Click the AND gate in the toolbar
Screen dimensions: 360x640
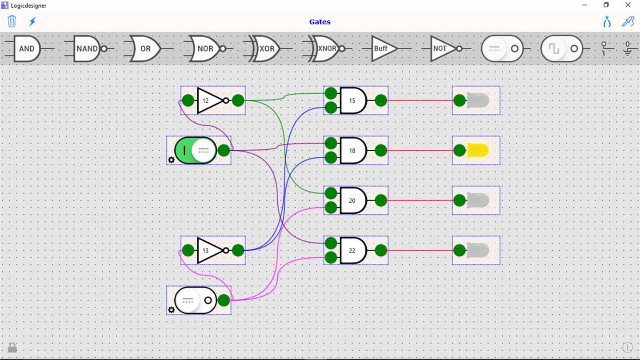[x=27, y=48]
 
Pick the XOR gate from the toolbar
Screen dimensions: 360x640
[x=266, y=48]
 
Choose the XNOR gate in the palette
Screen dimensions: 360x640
[x=327, y=48]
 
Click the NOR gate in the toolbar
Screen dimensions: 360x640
[x=205, y=48]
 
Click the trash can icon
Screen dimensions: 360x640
[x=12, y=21]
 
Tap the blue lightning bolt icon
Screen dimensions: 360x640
[x=32, y=21]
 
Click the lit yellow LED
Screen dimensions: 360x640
[x=477, y=150]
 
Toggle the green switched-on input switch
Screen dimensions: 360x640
[x=195, y=150]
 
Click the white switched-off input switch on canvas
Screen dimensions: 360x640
[x=195, y=300]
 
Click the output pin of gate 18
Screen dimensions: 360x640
[x=381, y=150]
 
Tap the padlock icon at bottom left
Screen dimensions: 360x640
[x=12, y=347]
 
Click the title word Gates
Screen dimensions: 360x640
[x=320, y=22]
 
